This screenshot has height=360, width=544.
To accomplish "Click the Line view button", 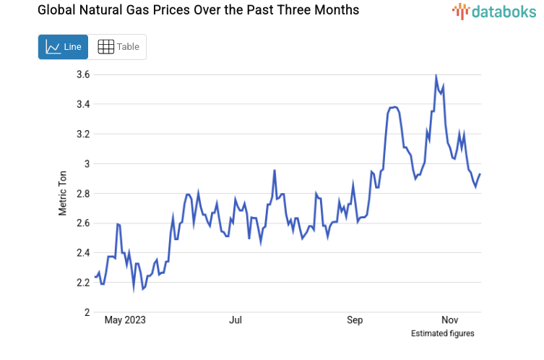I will point(63,47).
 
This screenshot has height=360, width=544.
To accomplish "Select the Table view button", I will point(118,47).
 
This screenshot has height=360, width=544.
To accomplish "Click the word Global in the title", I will point(36,11).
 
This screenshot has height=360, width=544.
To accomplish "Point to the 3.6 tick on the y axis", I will point(83,74).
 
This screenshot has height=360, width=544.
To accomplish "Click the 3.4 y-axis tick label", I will point(83,104).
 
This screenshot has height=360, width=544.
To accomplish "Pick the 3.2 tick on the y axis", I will point(83,134).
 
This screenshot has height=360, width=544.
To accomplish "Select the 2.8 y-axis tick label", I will point(83,193).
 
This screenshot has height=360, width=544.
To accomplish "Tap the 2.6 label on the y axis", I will point(83,223).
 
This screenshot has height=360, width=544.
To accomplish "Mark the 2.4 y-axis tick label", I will point(83,252).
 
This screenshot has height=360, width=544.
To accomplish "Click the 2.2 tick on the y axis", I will point(83,282).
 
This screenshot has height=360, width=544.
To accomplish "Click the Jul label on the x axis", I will point(235,320).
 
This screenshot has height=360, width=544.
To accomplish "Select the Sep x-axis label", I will point(355,320).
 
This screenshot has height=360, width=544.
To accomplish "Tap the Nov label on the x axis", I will point(450,320).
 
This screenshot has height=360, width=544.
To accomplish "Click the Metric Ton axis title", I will point(63,193).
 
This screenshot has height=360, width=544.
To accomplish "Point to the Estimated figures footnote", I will point(442,333).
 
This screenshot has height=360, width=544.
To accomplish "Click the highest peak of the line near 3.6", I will point(436,76).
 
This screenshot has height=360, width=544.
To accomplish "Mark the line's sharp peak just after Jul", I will point(275,171).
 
